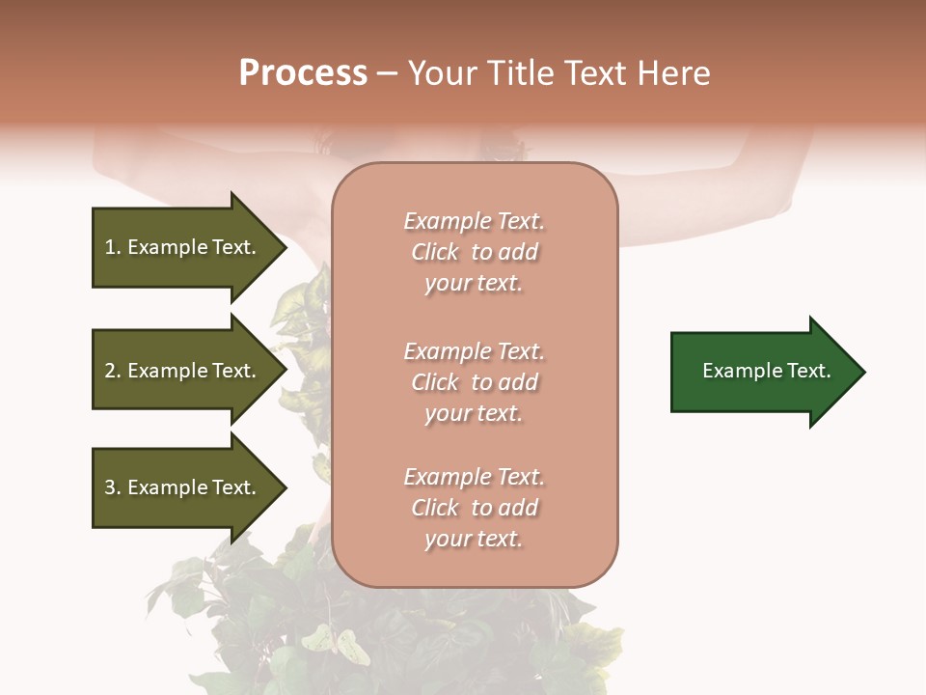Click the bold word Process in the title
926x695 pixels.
pos(303,73)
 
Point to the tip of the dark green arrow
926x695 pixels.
pos(863,372)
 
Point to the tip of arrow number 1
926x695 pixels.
pos(286,247)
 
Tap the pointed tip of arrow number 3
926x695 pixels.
pos(286,487)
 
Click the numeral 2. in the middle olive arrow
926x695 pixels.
pos(113,371)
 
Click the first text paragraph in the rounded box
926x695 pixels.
pos(475,252)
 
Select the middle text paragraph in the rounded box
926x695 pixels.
pos(475,382)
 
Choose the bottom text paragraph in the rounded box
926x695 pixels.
pos(475,508)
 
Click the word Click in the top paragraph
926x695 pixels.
pos(435,252)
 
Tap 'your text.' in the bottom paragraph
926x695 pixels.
pos(474,539)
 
